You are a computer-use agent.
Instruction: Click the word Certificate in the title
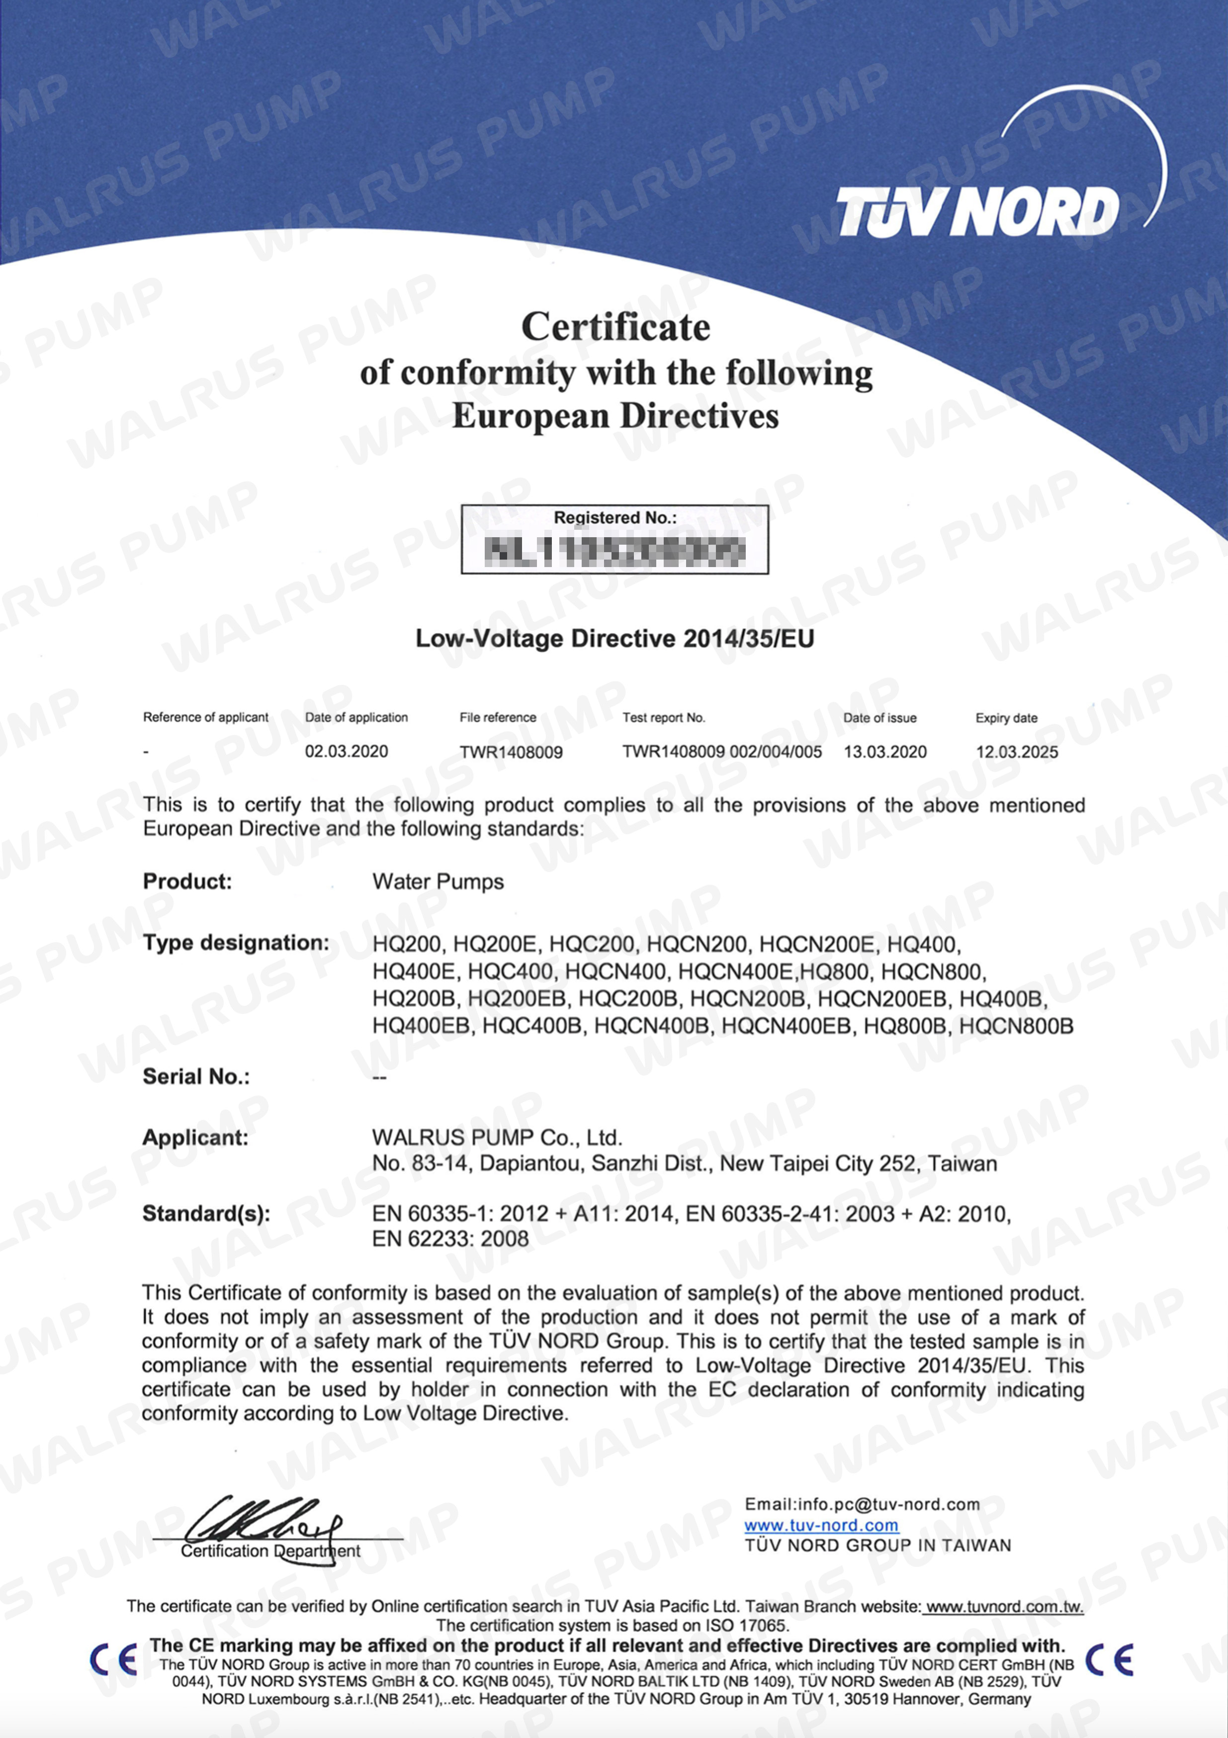click(x=615, y=327)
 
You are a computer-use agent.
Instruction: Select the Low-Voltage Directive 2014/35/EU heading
click(x=614, y=638)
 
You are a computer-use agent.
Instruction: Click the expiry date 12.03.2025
click(x=1016, y=753)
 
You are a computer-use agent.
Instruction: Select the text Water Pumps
click(x=438, y=882)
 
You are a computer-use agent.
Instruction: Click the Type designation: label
click(x=235, y=943)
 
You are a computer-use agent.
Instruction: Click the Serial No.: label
click(x=195, y=1076)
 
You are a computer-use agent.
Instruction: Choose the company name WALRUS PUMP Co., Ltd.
click(x=496, y=1138)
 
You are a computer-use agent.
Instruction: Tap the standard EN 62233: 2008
click(x=450, y=1239)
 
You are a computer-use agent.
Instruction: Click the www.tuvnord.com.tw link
click(x=1004, y=1606)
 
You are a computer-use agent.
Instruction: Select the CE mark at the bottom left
click(x=113, y=1661)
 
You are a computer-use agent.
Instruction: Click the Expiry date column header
click(x=1006, y=718)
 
